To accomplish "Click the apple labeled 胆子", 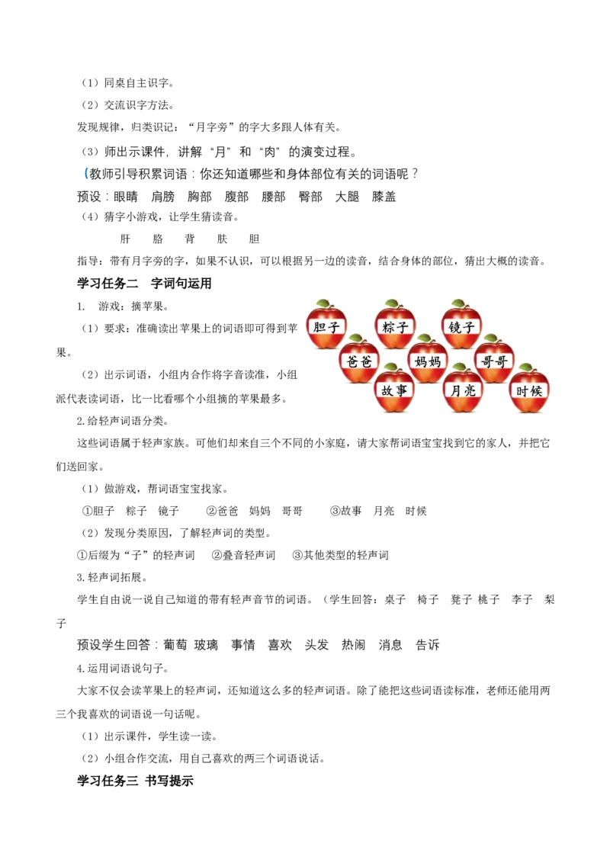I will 326,326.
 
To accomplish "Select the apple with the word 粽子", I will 395,326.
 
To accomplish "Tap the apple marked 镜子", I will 461,326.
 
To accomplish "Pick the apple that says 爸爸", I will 359,361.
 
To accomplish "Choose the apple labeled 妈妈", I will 428,361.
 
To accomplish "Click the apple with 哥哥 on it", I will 494,361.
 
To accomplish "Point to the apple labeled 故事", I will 394,390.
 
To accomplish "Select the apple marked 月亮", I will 463,390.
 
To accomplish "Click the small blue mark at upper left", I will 85,174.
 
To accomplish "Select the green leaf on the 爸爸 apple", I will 357,338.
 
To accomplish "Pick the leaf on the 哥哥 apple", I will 492,338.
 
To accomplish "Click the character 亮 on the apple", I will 470,390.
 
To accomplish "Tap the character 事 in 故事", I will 402,390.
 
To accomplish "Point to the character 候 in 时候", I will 537,390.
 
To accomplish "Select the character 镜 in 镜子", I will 454,326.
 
